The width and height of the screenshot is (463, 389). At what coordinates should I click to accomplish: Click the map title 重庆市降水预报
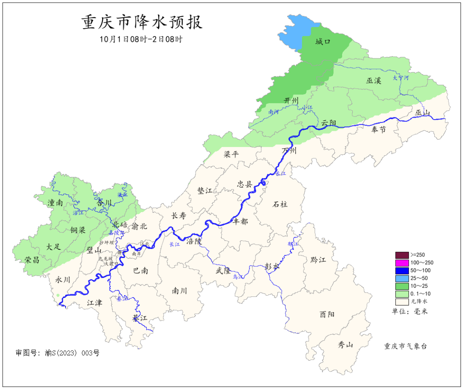click(x=142, y=22)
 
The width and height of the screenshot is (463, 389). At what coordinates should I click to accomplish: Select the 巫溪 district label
click(x=373, y=80)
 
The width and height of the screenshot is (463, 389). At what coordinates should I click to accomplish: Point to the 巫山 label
click(x=422, y=113)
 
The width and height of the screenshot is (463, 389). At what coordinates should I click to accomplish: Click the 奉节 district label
click(x=379, y=129)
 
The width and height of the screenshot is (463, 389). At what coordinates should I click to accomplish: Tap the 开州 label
click(x=292, y=100)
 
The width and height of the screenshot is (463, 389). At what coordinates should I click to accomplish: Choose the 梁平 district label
click(x=231, y=154)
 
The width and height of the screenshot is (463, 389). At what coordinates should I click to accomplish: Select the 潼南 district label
click(x=55, y=203)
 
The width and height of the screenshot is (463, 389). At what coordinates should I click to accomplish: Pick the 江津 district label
click(x=94, y=302)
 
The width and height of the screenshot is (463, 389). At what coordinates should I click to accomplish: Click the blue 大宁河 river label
click(x=401, y=78)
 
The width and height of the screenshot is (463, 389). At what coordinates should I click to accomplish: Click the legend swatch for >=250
click(x=402, y=255)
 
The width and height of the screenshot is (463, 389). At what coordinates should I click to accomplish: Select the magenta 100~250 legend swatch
click(x=402, y=263)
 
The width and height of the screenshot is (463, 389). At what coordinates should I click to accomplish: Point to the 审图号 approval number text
click(x=57, y=353)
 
